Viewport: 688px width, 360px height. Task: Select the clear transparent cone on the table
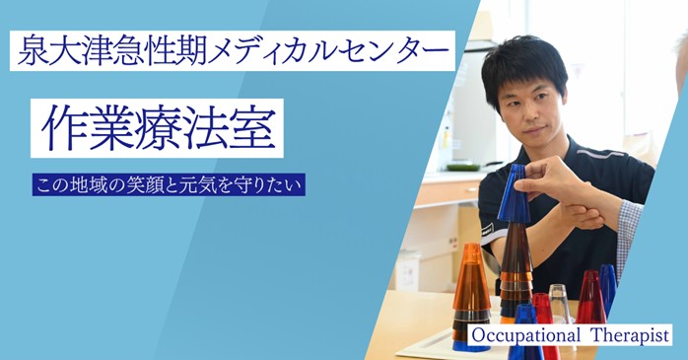coord(559,301)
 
